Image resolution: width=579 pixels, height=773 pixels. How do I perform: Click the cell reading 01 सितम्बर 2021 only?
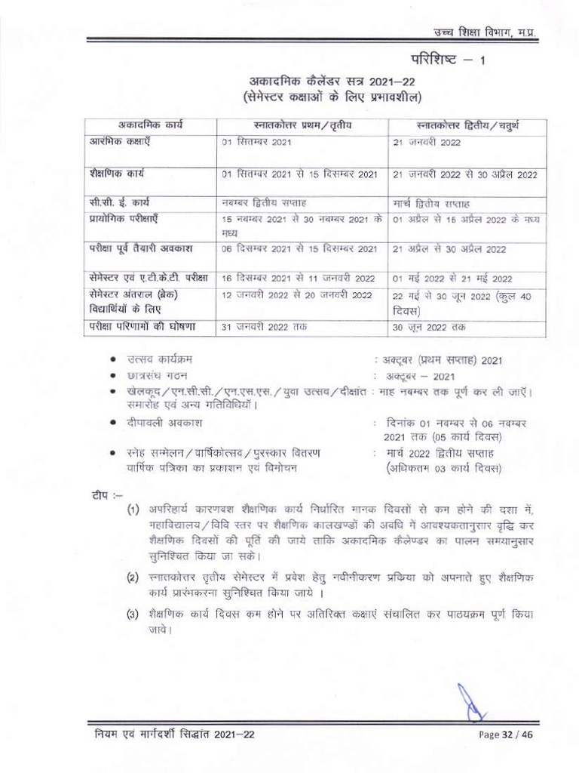256,142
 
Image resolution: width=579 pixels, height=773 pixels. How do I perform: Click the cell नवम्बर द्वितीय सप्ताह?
263,203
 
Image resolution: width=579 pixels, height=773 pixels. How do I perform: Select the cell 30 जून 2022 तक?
429,328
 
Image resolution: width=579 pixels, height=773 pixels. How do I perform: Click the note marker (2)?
132,578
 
